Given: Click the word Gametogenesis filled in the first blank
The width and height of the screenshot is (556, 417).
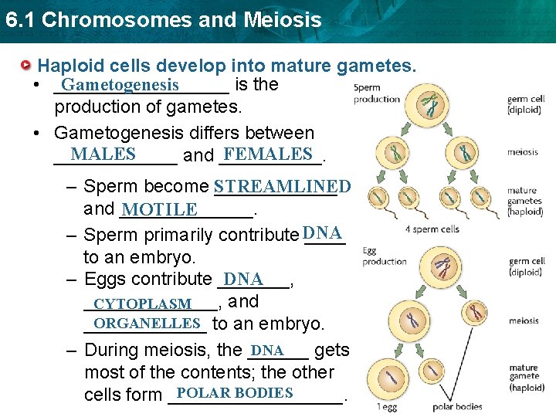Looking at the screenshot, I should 121,85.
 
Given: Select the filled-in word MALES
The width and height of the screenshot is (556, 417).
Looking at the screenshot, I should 103,154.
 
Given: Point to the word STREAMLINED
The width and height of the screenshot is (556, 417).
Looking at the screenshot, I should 282,187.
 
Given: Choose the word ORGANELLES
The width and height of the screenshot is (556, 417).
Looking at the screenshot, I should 147,323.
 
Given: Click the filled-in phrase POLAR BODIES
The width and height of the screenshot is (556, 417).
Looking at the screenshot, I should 235,393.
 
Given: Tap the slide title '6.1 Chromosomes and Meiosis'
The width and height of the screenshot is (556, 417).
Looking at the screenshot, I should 162,19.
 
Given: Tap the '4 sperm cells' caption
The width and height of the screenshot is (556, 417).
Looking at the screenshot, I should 432,229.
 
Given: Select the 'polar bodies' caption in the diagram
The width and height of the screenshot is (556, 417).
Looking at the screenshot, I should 457,406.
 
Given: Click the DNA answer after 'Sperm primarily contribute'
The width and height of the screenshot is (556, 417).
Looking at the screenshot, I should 323,233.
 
